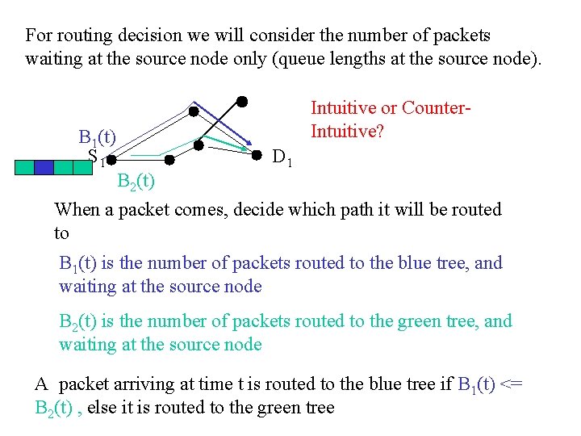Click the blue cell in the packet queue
(44, 167)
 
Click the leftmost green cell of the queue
(25, 167)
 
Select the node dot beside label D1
(257, 153)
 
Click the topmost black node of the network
(241, 102)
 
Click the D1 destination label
(282, 157)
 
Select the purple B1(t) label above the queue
(97, 136)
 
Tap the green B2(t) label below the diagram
(136, 181)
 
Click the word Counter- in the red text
(436, 107)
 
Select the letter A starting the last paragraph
(42, 384)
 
